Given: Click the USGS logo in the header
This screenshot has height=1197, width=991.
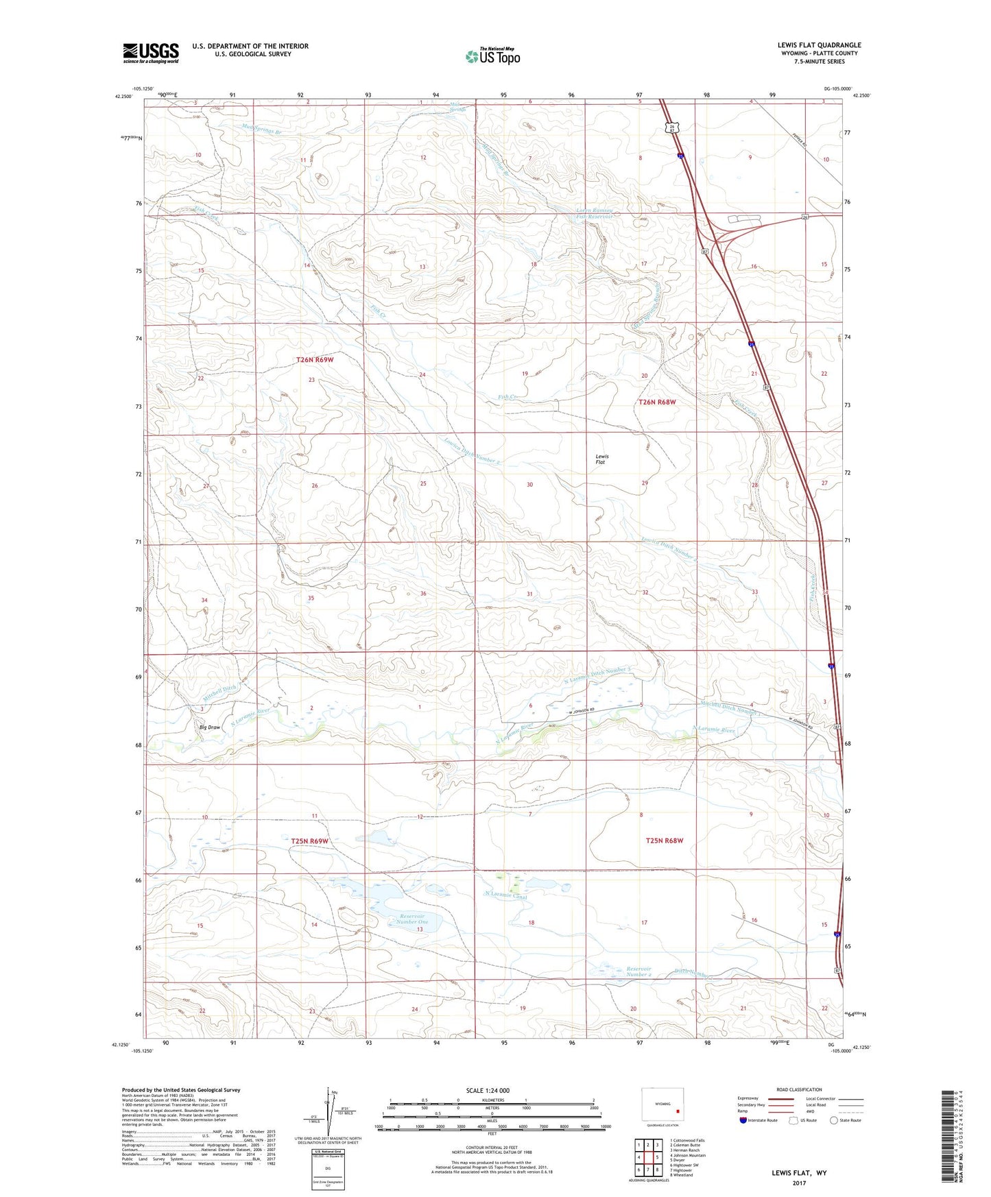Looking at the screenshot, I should coord(150,53).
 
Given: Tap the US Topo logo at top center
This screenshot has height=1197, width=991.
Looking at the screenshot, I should coord(492,56).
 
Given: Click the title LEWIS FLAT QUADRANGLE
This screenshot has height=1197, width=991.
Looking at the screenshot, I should coord(819,45).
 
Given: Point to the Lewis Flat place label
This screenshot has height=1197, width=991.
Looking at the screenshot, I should coord(601,459).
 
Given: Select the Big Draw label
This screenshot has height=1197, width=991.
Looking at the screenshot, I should coord(210,727).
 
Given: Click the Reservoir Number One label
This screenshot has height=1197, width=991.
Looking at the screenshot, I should coord(412,919).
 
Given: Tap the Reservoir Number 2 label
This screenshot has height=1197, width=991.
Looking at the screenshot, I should coord(638,971).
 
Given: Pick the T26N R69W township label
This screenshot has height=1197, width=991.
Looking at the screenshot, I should coord(315,360).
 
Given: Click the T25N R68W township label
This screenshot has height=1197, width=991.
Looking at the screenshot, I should coord(664,841).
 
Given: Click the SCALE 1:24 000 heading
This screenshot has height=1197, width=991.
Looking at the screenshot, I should coord(488,1091).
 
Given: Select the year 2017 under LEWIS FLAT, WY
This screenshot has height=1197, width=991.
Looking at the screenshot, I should coord(799,1183).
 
